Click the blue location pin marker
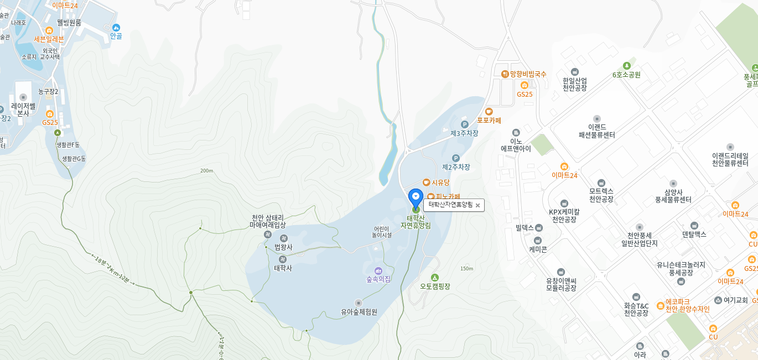click(416, 197)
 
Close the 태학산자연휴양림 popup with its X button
click(477, 205)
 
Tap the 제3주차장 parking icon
click(465, 124)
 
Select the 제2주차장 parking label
click(456, 166)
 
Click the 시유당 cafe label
click(440, 182)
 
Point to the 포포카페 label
click(489, 120)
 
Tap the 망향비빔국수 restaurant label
click(528, 74)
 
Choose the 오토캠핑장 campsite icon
click(435, 278)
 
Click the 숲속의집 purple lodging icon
click(378, 270)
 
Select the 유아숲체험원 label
click(359, 312)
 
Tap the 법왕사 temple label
click(283, 247)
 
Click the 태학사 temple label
click(283, 268)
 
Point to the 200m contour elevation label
click(207, 171)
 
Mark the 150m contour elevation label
click(466, 269)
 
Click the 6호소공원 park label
click(626, 75)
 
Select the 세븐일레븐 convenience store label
click(49, 39)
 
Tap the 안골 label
click(116, 36)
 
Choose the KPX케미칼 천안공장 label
click(564, 216)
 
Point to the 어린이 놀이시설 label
click(381, 232)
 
